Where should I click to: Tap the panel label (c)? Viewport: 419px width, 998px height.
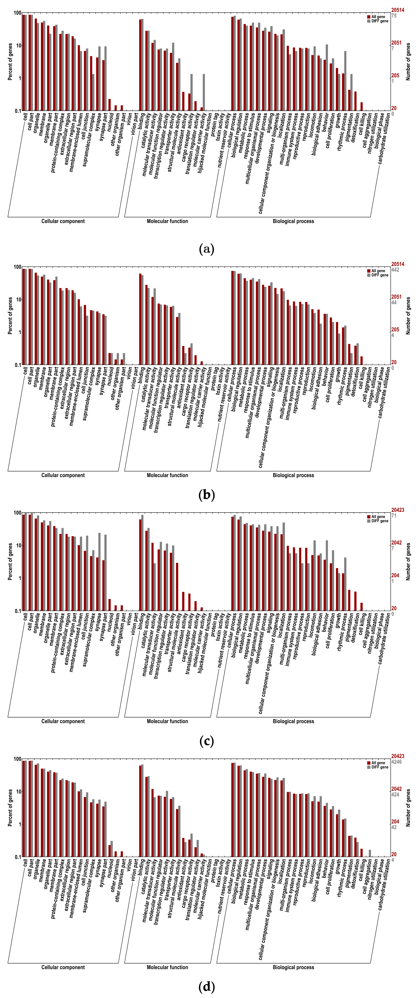point(206,741)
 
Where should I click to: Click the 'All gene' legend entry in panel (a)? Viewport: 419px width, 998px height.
point(378,17)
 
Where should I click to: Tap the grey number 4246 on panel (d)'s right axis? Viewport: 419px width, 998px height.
point(396,762)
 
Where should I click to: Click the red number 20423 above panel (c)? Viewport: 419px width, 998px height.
point(397,510)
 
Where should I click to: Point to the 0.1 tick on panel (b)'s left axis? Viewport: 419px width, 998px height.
point(17,365)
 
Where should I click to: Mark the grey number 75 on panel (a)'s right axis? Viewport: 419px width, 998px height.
point(394,16)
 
